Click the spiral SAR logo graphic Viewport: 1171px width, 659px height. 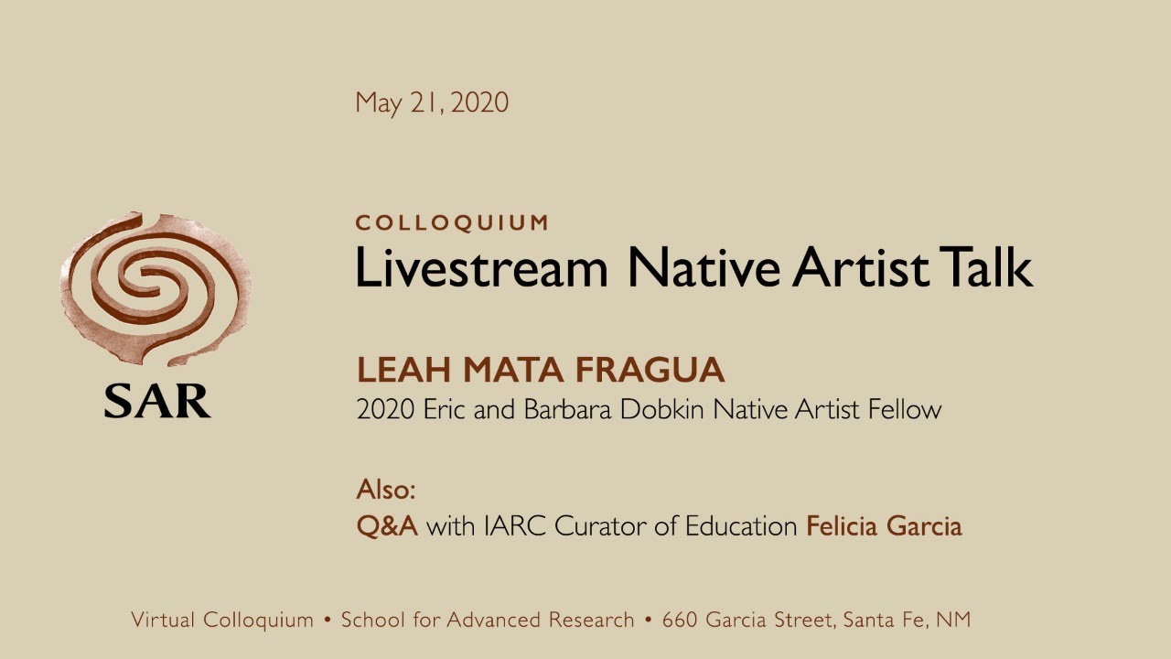click(156, 288)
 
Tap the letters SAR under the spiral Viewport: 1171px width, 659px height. click(157, 401)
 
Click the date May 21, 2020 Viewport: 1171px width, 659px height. click(432, 103)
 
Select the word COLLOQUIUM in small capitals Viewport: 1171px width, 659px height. click(452, 222)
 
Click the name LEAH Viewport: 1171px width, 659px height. click(403, 370)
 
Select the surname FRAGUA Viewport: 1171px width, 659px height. click(650, 370)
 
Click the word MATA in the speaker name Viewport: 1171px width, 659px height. click(513, 370)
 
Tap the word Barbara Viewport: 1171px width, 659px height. click(567, 409)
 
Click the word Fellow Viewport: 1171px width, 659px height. click(905, 409)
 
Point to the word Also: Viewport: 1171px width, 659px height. click(386, 490)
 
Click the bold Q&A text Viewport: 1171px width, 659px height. click(387, 526)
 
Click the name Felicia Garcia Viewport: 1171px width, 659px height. click(884, 526)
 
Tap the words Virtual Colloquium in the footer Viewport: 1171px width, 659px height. click(222, 620)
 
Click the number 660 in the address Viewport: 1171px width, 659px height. click(679, 620)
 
